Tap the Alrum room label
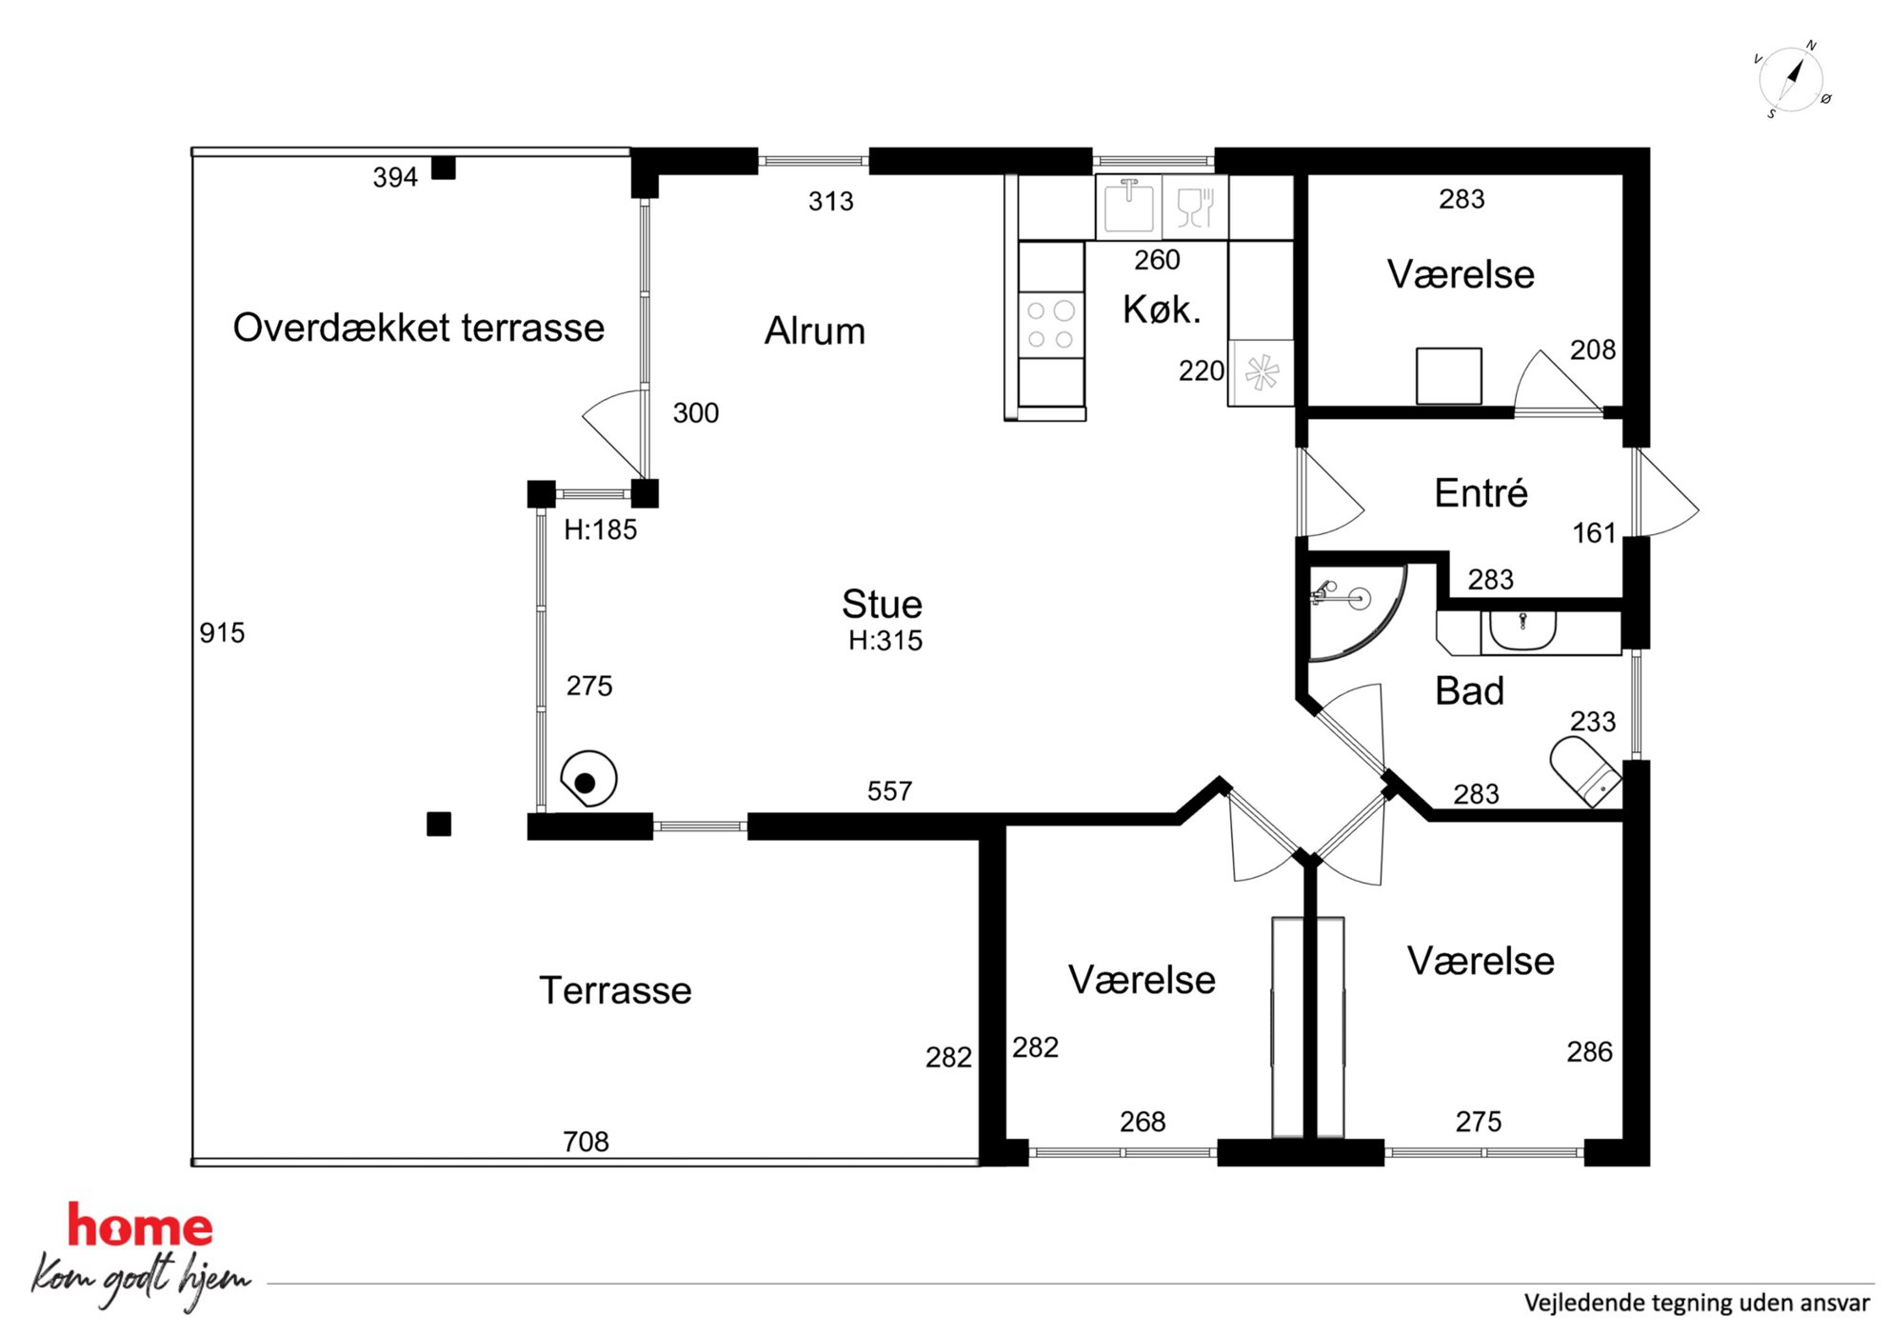pyautogui.click(x=815, y=331)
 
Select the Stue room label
pyautogui.click(x=882, y=604)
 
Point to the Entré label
pyautogui.click(x=1481, y=493)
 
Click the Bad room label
pyautogui.click(x=1469, y=691)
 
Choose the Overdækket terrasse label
pyautogui.click(x=419, y=328)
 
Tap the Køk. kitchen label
pyautogui.click(x=1162, y=309)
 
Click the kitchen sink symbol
pyautogui.click(x=1128, y=206)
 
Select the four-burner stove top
pyautogui.click(x=1051, y=325)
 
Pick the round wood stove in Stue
pyautogui.click(x=588, y=779)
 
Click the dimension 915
pyautogui.click(x=222, y=633)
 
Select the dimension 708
pyautogui.click(x=586, y=1142)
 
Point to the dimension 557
pyautogui.click(x=889, y=791)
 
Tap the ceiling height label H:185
pyautogui.click(x=600, y=529)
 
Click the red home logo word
pyautogui.click(x=140, y=1226)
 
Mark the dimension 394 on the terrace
pyautogui.click(x=395, y=177)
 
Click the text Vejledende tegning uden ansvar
pyautogui.click(x=1697, y=1304)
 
